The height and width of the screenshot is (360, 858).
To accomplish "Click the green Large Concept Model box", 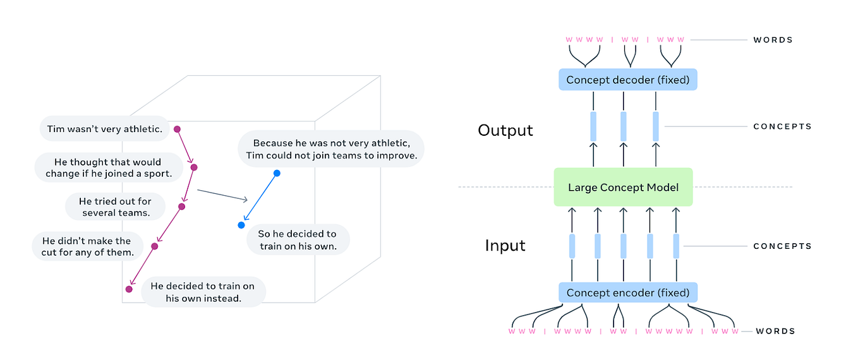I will pos(623,187).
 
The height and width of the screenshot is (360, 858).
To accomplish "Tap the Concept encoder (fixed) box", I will pos(628,292).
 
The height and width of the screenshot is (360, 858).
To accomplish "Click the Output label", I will pos(505,130).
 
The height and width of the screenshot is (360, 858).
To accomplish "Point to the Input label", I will pos(505,245).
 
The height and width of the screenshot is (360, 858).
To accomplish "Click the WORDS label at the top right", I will pos(773,40).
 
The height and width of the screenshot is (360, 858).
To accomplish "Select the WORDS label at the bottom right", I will pos(775,331).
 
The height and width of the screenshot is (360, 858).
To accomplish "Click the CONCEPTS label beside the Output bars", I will pos(782,126).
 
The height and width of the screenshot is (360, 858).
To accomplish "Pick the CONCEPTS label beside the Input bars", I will pos(782,246).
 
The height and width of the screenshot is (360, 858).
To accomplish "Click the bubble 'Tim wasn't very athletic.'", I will pos(105,129).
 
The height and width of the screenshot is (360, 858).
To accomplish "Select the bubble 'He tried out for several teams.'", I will pos(116,207).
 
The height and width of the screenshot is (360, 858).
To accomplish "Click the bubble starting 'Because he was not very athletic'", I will pos(331,149).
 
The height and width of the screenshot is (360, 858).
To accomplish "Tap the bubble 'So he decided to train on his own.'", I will pos(297,240).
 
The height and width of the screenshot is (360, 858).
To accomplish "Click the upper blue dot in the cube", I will pos(277,173).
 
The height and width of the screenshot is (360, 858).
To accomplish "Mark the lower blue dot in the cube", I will pos(241,225).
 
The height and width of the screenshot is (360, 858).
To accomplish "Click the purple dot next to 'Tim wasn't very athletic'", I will pos(178,129).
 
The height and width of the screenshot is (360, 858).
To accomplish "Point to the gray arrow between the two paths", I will pos(222,195).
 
